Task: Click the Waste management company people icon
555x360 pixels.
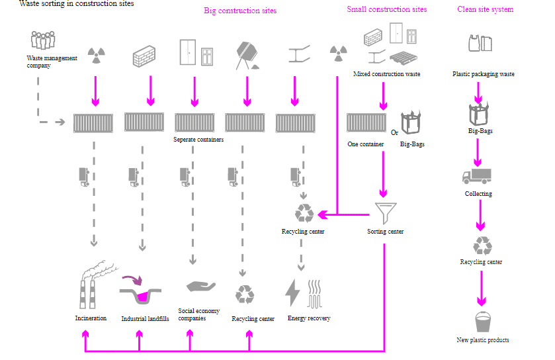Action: click(x=42, y=40)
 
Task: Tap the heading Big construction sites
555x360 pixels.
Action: click(x=240, y=11)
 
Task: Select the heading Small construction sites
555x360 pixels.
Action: click(x=386, y=9)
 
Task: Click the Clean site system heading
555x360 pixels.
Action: click(x=485, y=9)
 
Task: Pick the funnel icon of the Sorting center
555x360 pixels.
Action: click(x=384, y=212)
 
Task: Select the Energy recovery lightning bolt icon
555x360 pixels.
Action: click(x=292, y=292)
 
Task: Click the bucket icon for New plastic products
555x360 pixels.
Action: click(x=483, y=322)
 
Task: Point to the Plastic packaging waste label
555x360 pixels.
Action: click(x=483, y=74)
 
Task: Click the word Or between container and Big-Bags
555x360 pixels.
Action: click(x=394, y=132)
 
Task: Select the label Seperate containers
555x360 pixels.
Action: click(x=198, y=140)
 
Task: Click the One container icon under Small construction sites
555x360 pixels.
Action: click(x=366, y=122)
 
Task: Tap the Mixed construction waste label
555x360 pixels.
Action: click(x=386, y=74)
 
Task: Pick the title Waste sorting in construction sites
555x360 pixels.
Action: click(x=77, y=4)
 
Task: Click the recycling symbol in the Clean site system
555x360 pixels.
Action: click(x=482, y=246)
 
